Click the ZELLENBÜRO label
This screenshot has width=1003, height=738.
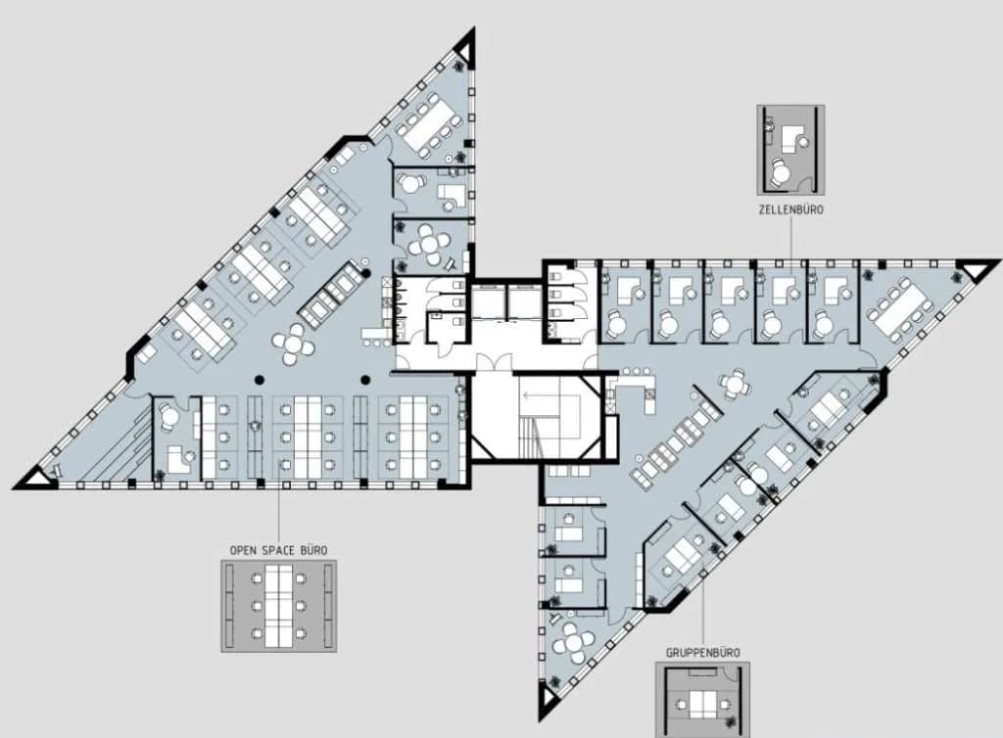coord(790,209)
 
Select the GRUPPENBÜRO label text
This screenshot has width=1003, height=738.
coord(703,653)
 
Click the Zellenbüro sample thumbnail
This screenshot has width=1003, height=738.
coord(790,150)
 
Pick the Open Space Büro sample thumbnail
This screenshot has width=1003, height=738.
coord(279,606)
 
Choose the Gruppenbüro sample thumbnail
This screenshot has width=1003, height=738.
coord(702,700)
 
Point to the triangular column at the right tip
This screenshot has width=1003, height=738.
coord(977,270)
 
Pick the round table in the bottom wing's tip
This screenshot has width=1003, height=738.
coord(574,642)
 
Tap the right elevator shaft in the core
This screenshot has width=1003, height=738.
coord(524,302)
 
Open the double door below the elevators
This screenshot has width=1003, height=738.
coord(494,362)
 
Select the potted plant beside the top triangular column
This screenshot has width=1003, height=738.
coord(459,66)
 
